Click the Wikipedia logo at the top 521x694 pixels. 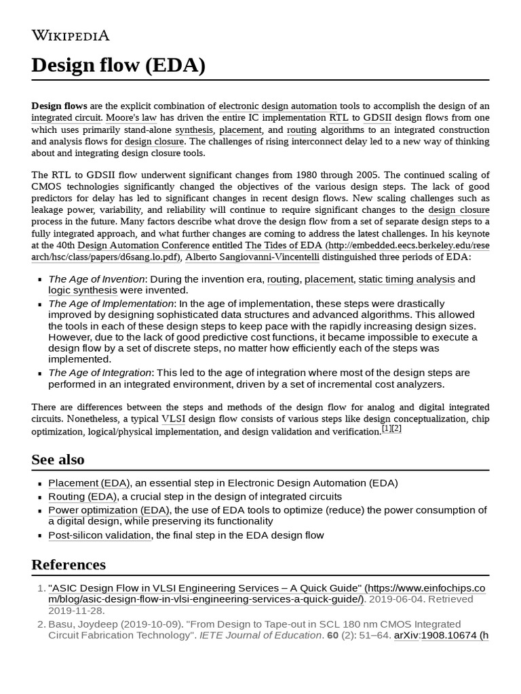[x=70, y=35]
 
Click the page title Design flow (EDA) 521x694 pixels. [x=118, y=66]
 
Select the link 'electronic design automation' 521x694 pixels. [x=277, y=106]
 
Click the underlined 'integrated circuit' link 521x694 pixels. [x=66, y=118]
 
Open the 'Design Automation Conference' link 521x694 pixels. [x=143, y=245]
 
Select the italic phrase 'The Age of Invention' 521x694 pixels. [x=96, y=279]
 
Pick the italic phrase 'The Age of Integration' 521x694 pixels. [x=100, y=373]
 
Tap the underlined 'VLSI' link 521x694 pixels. [x=173, y=419]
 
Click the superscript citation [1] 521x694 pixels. [x=387, y=428]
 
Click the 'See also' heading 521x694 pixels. [x=58, y=460]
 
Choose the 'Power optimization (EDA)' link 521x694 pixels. [x=109, y=510]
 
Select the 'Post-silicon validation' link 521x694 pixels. [x=100, y=535]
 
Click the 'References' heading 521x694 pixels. [x=69, y=565]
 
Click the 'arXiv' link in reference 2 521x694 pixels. [x=406, y=635]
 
